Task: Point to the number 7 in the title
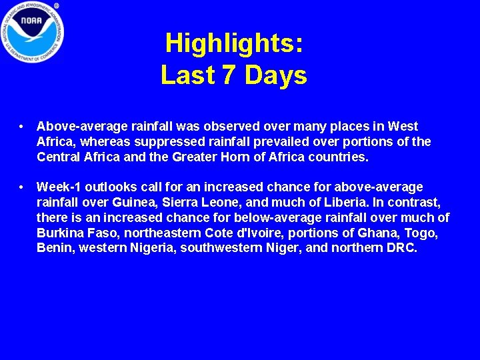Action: [x=229, y=75]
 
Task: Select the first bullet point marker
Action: [x=23, y=126]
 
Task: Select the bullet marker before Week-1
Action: [x=23, y=187]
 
